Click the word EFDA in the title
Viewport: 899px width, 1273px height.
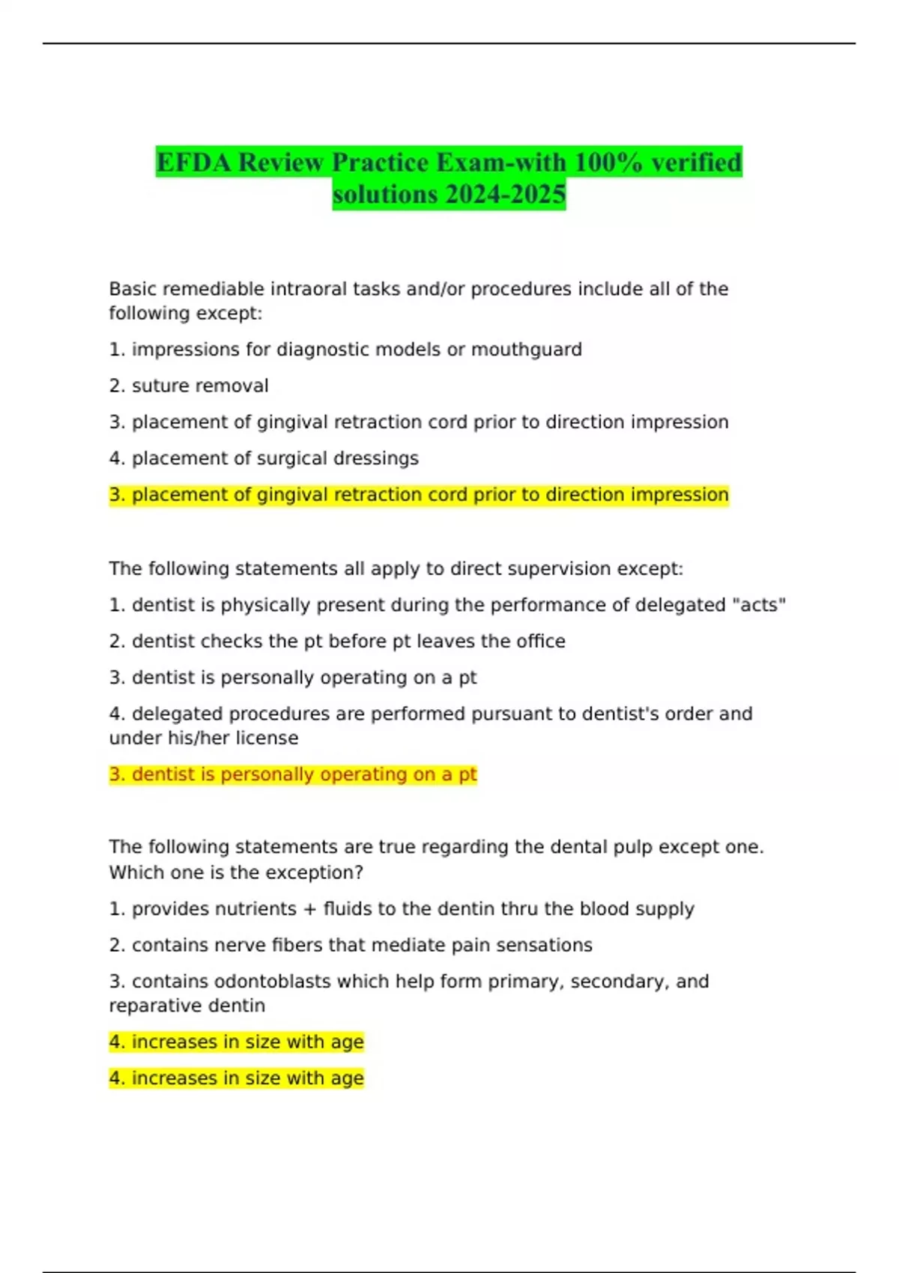click(x=194, y=162)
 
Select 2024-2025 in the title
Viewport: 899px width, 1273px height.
click(x=506, y=194)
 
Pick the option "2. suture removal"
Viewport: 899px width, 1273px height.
click(x=189, y=386)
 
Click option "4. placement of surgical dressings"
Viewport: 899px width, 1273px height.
click(x=264, y=458)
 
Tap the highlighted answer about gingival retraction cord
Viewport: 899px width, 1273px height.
click(x=419, y=495)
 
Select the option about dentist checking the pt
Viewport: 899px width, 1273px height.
click(x=337, y=641)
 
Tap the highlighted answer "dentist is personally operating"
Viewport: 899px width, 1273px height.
click(x=293, y=774)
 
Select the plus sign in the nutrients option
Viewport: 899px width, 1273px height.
click(x=309, y=909)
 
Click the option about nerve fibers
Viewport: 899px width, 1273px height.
click(x=351, y=945)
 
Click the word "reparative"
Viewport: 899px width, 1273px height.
click(x=145, y=1006)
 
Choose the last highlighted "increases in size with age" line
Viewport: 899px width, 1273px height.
click(x=237, y=1078)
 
